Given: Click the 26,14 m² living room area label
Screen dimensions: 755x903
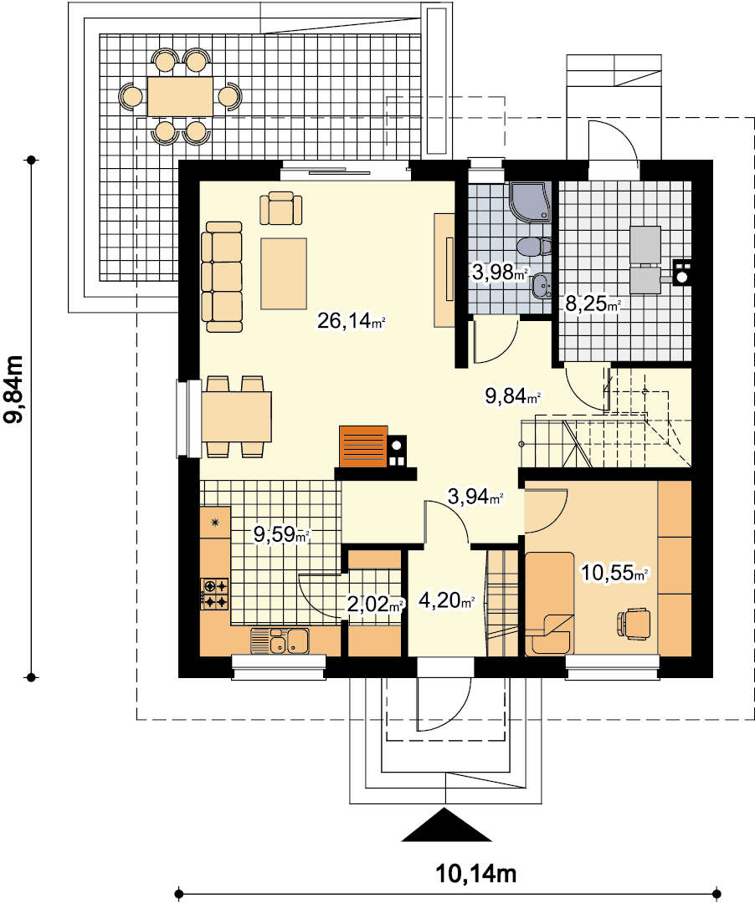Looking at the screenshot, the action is click(351, 320).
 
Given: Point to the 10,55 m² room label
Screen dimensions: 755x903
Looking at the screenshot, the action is click(614, 573).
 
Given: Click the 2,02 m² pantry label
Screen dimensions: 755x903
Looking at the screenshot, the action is click(375, 605).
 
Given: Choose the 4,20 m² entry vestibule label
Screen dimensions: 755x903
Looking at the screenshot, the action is click(447, 600).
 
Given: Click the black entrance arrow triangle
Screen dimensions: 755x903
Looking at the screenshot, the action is click(447, 825).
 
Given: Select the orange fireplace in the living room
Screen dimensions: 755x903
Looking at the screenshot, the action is click(363, 446).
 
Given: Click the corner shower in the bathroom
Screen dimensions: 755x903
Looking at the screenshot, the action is click(530, 202).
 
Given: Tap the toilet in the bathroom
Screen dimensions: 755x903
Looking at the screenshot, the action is click(534, 247).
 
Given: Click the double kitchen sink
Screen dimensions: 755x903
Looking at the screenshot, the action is click(280, 641).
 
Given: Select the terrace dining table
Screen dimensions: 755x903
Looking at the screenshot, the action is click(181, 96).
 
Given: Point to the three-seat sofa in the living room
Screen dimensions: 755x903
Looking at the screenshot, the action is click(222, 277).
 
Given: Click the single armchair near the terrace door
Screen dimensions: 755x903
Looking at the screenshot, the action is click(280, 208).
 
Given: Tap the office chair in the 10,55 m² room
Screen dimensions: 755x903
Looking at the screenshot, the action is click(634, 623).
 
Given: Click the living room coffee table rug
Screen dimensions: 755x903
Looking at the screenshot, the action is click(284, 274).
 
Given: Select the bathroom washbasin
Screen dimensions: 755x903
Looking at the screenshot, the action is click(542, 284).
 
